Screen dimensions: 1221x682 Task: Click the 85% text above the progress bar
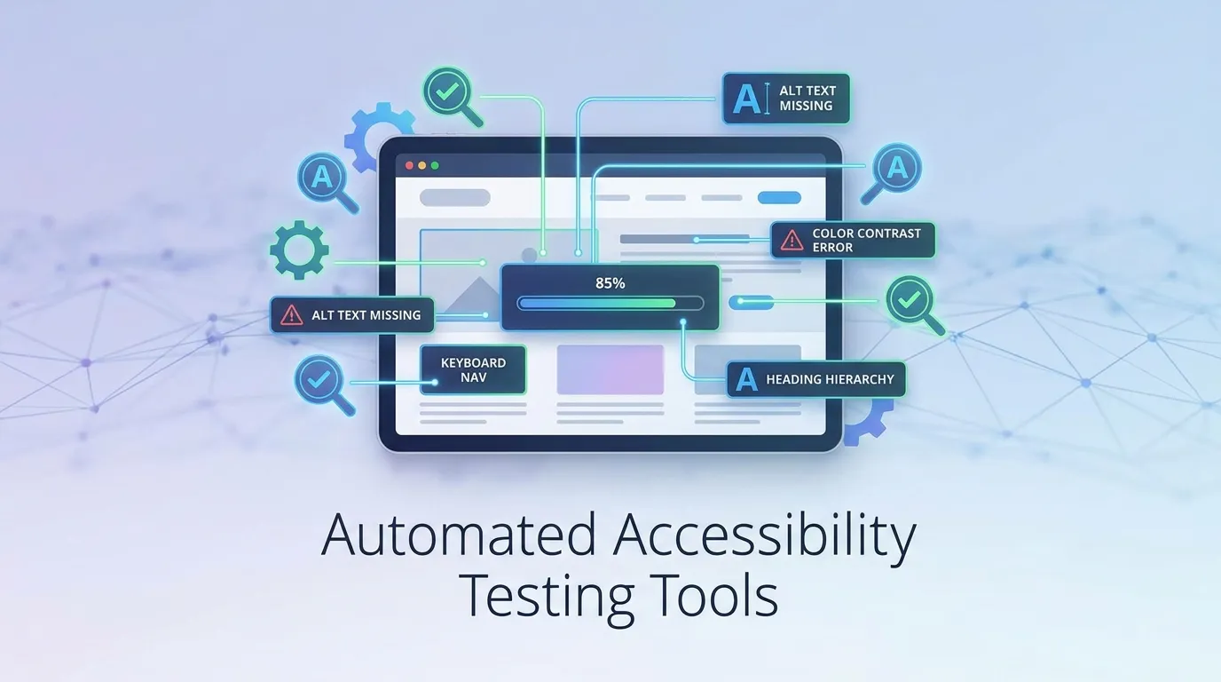coord(610,283)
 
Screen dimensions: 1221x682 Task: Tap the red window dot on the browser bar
coord(409,165)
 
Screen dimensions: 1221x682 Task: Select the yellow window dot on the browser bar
coord(421,165)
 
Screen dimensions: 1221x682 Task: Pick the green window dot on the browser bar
coord(435,165)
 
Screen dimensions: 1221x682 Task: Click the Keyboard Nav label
coord(473,370)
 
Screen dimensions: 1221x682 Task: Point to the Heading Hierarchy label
coord(816,379)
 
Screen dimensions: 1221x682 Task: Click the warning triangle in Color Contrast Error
coord(792,240)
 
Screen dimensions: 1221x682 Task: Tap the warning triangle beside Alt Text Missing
coord(292,315)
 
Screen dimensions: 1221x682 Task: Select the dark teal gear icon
coord(299,250)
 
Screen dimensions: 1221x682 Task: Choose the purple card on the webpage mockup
coord(610,369)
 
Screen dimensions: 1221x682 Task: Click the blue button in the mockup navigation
coord(779,197)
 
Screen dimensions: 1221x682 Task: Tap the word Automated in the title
coord(458,535)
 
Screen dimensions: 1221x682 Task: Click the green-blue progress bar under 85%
coord(597,304)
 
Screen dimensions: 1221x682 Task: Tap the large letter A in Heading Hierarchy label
coord(746,379)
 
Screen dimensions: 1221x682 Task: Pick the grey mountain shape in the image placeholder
coord(472,297)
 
